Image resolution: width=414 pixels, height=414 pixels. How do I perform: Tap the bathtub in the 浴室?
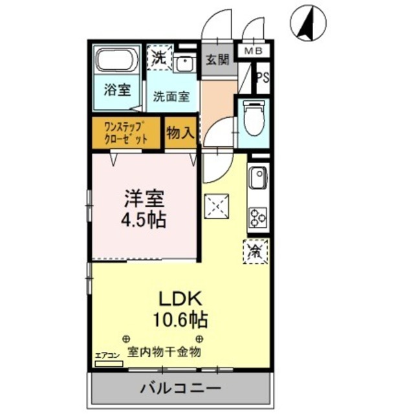coord(117,62)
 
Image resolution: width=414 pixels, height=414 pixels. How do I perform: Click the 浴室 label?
coord(116,90)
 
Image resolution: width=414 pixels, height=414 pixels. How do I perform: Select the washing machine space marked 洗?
coord(159,56)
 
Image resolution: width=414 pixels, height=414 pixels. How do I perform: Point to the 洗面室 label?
coord(171,97)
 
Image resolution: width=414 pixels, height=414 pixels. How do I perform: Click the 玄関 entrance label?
coord(218,61)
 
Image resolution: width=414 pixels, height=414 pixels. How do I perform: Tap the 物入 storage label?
coord(180,134)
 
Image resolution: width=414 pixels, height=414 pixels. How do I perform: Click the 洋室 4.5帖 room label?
coord(143,208)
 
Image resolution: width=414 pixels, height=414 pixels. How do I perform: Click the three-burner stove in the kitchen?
coord(259,216)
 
